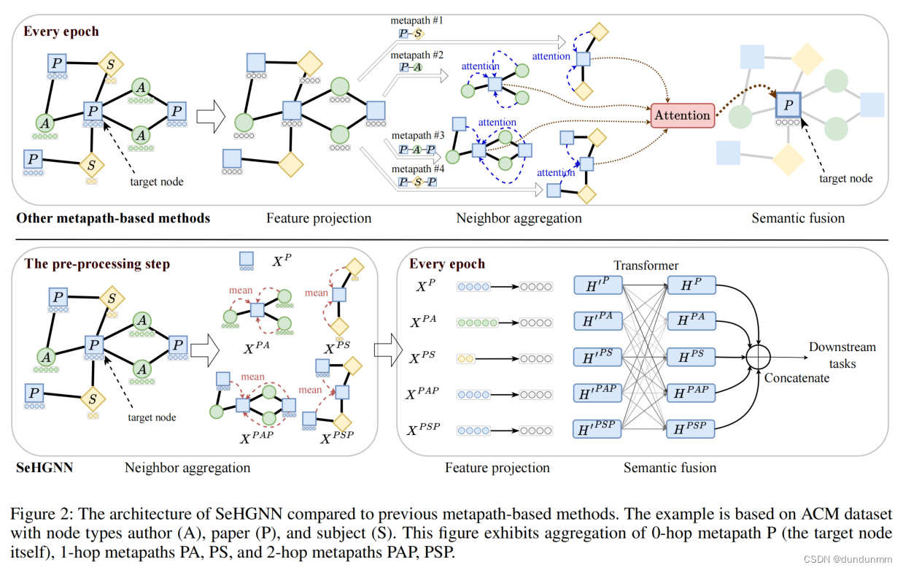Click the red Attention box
[x=682, y=115]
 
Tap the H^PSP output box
[x=690, y=428]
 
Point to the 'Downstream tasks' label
[x=842, y=355]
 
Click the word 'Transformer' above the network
[x=646, y=266]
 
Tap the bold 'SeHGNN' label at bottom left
[x=44, y=467]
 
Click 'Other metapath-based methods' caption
[x=113, y=218]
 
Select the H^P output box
[x=690, y=287]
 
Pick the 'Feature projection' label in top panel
[x=319, y=218]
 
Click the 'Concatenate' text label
[x=797, y=377]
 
